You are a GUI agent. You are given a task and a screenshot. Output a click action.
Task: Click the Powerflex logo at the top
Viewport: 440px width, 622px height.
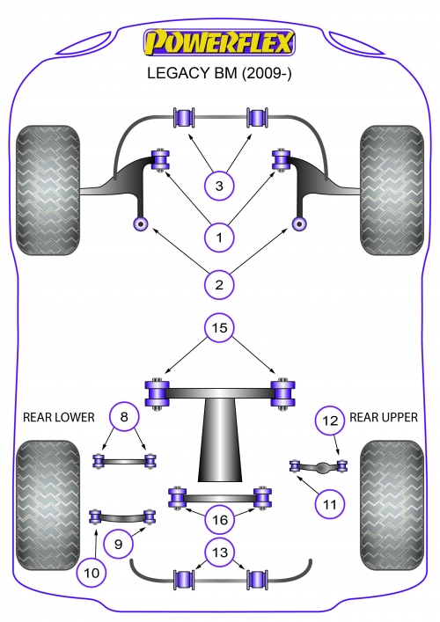pos(219,42)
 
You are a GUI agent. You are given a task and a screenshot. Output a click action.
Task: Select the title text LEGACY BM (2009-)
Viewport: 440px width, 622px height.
pos(219,73)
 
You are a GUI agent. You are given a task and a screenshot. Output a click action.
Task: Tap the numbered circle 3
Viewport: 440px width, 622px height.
pos(219,186)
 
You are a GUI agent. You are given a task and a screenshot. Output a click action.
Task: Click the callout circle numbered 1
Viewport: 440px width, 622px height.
pos(219,238)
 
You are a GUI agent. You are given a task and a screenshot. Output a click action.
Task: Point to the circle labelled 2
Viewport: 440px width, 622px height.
pos(219,284)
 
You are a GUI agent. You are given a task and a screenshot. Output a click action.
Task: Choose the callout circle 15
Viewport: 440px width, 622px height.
pos(219,327)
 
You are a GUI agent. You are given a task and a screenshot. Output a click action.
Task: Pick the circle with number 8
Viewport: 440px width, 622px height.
pos(124,416)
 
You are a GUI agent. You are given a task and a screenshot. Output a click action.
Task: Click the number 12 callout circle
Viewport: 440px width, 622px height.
pos(330,420)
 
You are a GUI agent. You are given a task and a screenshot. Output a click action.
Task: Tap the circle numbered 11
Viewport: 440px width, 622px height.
pos(330,504)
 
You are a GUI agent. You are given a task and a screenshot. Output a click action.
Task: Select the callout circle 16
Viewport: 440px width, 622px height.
pos(220,520)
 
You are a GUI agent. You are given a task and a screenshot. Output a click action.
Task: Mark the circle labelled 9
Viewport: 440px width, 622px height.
pos(118,544)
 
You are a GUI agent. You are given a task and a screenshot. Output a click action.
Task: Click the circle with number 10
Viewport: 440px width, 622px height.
pos(92,573)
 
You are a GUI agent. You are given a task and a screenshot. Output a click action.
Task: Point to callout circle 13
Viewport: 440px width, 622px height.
pos(220,552)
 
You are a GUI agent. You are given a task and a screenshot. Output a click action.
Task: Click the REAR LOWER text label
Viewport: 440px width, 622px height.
pos(59,417)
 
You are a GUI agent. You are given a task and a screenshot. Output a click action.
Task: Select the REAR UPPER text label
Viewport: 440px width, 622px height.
pos(384,417)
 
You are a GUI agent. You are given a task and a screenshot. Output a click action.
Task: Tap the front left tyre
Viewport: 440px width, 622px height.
pos(48,190)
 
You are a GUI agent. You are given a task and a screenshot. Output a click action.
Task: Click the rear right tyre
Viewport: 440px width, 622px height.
pos(392,505)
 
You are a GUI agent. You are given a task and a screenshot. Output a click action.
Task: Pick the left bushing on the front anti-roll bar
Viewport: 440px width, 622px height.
pos(185,117)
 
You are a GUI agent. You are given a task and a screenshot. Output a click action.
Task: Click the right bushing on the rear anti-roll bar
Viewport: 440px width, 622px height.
pos(257,580)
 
